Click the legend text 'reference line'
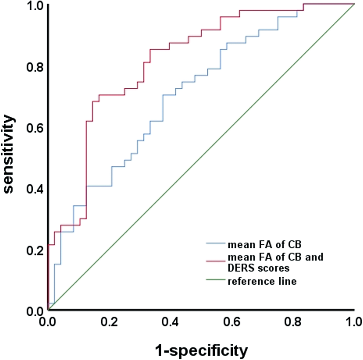tap(262, 281)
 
